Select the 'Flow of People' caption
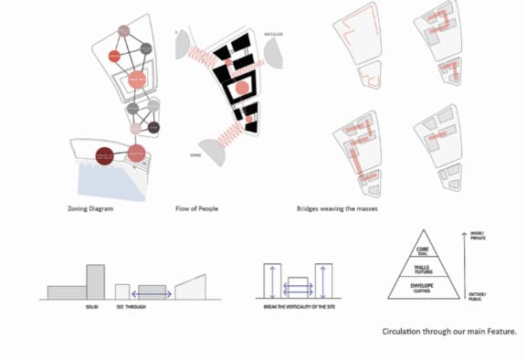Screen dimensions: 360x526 [196, 209]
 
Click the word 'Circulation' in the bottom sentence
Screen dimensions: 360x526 [402, 333]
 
